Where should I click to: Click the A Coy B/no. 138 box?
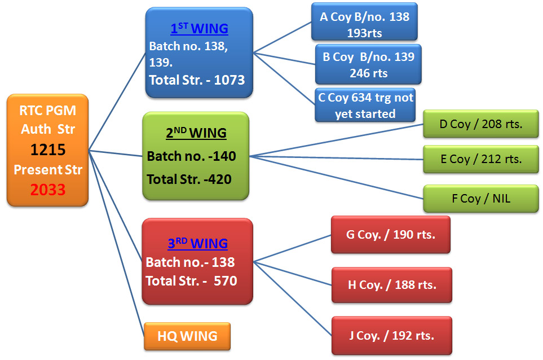365,24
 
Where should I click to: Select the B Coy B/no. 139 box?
368,65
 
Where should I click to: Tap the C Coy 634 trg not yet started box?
365,105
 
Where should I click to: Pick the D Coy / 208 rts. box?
481,124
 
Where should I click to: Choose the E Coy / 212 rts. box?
481,159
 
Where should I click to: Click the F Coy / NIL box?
481,198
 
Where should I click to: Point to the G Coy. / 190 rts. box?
391,235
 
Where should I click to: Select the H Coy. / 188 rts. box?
392,285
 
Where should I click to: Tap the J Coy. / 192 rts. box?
391,336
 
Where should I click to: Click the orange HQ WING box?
187,336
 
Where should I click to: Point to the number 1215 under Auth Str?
48,150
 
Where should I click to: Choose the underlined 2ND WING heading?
196,134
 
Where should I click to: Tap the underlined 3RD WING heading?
198,244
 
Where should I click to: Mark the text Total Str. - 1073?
197,80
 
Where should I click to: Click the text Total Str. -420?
189,179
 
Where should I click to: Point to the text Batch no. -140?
191,156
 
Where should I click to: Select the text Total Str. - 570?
191,280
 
